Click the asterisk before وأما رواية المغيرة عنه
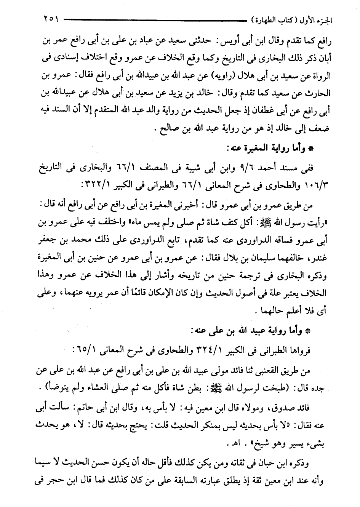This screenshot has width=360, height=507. pyautogui.click(x=310, y=149)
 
